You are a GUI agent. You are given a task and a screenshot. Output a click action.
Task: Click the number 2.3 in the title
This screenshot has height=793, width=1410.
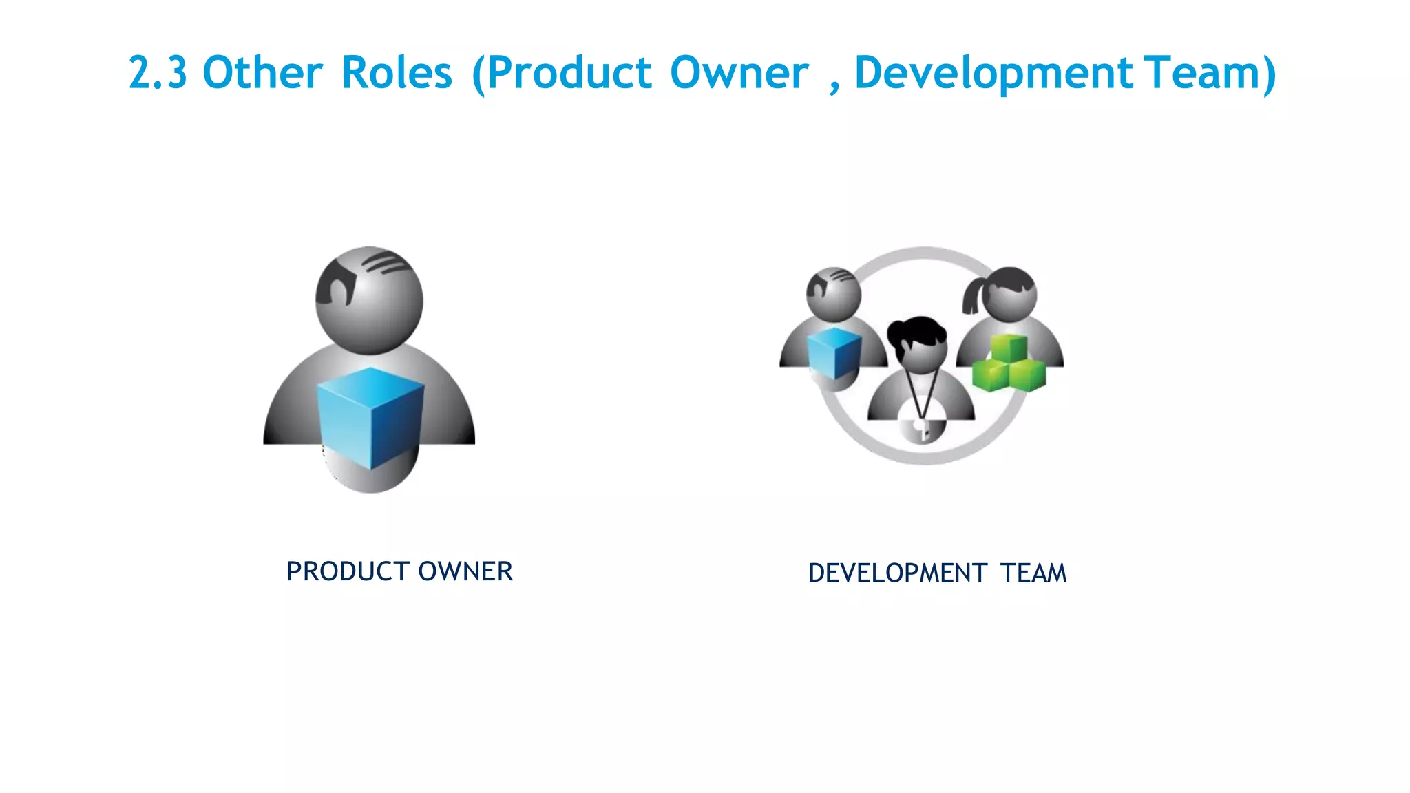tap(158, 73)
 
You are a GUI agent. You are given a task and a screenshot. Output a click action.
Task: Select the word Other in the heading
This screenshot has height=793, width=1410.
tap(262, 73)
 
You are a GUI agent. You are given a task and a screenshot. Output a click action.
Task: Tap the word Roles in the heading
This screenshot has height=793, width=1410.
tap(397, 73)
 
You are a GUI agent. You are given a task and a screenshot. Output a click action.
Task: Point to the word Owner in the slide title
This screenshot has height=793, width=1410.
tap(739, 73)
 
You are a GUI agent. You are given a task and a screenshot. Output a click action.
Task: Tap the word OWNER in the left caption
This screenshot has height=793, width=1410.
tap(465, 571)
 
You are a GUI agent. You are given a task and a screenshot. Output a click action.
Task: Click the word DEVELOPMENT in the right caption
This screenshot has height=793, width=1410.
tap(898, 573)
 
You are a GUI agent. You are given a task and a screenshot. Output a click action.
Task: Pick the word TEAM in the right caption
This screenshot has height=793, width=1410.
tap(1033, 573)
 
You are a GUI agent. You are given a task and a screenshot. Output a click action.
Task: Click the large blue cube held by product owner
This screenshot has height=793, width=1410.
tap(370, 417)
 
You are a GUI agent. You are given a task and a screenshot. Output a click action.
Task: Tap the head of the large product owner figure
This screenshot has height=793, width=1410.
tap(369, 300)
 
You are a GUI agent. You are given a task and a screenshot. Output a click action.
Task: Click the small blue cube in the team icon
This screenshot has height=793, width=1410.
tap(834, 352)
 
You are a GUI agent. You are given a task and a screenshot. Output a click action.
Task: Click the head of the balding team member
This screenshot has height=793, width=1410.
tap(834, 293)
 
